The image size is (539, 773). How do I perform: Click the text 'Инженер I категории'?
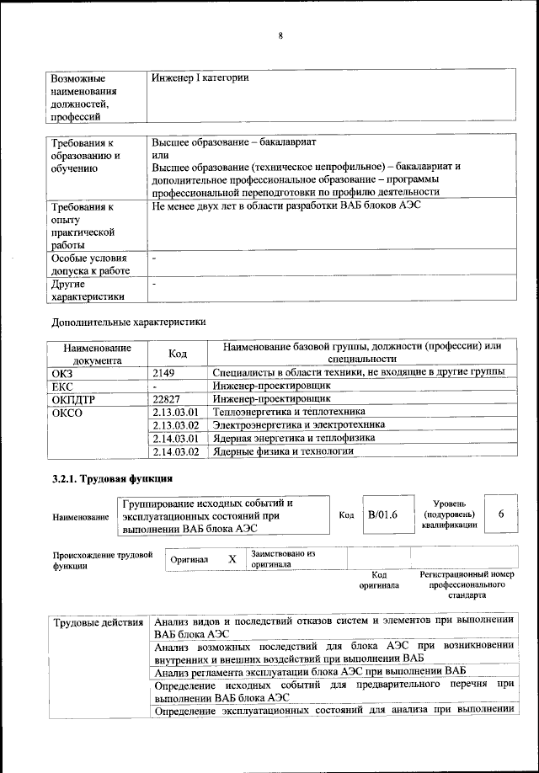200,77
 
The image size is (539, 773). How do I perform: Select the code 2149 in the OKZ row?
163,371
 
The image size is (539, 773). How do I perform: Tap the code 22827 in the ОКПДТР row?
167,398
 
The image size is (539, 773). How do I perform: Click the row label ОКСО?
68,413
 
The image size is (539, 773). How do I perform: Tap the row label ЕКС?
63,385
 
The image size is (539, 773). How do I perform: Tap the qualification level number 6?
502,514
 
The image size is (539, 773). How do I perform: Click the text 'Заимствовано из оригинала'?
282,559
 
